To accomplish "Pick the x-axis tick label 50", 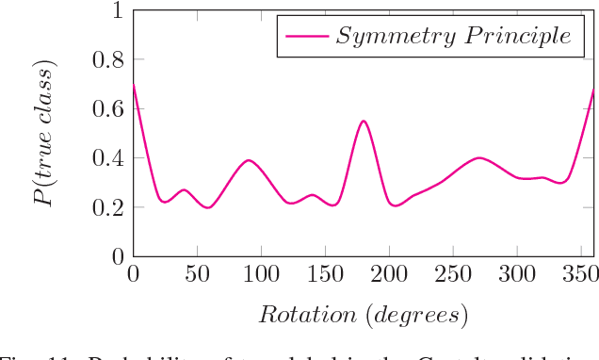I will tap(197, 274).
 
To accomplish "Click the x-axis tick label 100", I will tap(261, 274).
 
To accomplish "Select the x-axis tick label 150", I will tap(325, 274).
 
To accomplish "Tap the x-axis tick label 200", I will tap(389, 274).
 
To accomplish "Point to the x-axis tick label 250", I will tap(453, 274).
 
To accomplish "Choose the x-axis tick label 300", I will tap(517, 274).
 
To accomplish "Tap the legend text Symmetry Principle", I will tap(454, 37).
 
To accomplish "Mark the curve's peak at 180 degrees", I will tap(363, 121).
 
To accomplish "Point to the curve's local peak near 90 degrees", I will tap(248, 160).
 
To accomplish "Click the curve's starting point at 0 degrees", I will tap(133, 85).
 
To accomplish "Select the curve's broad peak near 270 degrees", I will tap(479, 157).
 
